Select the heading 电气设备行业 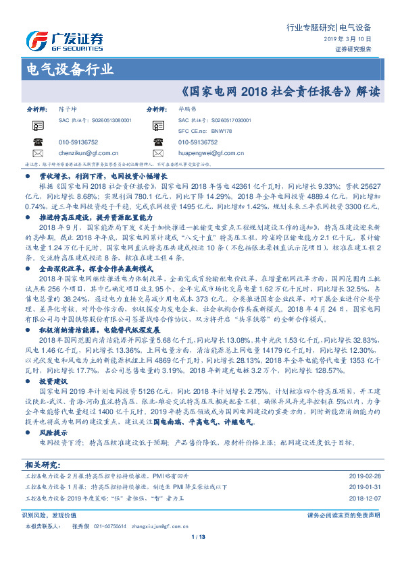[69, 69]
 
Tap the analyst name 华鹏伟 [186, 109]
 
